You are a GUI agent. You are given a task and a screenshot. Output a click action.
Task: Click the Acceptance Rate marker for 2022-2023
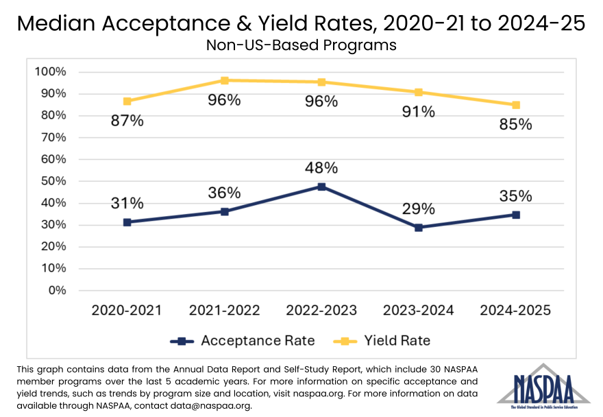pyautogui.click(x=321, y=187)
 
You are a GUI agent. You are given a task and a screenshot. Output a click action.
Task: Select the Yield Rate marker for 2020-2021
pyautogui.click(x=127, y=102)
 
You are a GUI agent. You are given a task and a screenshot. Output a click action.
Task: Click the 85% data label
pyautogui.click(x=516, y=125)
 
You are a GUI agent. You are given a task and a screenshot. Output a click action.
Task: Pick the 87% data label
pyautogui.click(x=127, y=121)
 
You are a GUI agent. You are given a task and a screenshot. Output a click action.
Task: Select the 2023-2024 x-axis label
pyautogui.click(x=419, y=311)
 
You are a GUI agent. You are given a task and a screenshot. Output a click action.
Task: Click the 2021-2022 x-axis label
pyautogui.click(x=224, y=311)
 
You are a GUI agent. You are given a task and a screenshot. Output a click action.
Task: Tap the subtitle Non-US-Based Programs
pyautogui.click(x=301, y=46)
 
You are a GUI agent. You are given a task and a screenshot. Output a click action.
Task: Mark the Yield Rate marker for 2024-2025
pyautogui.click(x=516, y=105)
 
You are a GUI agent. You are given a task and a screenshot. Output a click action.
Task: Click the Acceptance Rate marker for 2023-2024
pyautogui.click(x=419, y=228)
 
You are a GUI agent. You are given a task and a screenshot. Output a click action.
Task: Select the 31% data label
pyautogui.click(x=127, y=204)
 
